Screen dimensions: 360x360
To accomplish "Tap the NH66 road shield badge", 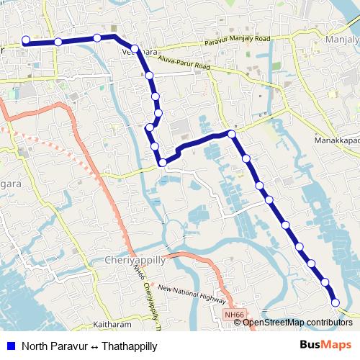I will point(234,314).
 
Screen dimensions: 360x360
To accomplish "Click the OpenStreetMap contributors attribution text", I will point(297,322).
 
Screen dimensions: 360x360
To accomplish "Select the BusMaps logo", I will point(325,344).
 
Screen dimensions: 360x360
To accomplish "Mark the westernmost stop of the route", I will point(26,40).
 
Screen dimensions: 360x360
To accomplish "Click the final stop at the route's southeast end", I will point(334,301).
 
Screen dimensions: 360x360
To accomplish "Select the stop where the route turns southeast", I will point(232,134).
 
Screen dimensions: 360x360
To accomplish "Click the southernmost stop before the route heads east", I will point(163,163).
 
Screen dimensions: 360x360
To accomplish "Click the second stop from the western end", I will point(58,42).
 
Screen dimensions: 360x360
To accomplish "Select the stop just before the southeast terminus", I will point(325,282).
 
